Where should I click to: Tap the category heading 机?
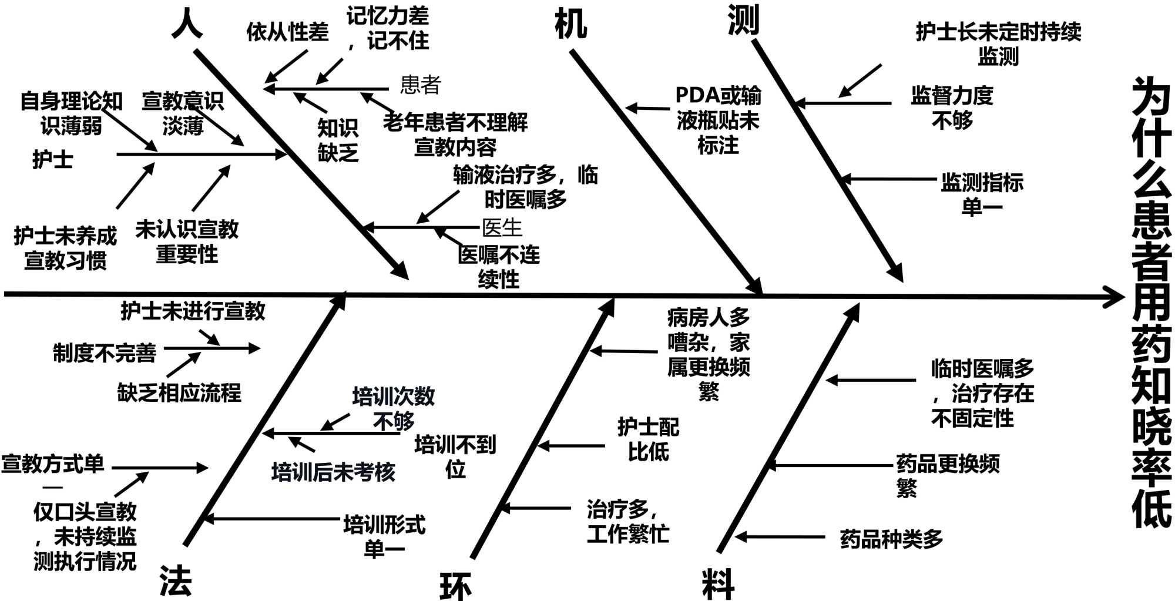[570, 25]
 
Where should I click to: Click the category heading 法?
[176, 581]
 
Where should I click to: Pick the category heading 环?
[455, 586]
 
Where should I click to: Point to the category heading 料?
[718, 584]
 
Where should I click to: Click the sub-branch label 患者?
[420, 85]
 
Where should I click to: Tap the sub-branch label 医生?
[502, 227]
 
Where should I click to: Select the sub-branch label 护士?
[53, 159]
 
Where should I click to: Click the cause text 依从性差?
[287, 32]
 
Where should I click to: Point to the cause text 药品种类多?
[891, 538]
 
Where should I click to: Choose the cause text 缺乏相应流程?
[179, 392]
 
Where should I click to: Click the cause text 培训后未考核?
[333, 472]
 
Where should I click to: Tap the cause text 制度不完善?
[105, 353]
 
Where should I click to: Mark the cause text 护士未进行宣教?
[193, 311]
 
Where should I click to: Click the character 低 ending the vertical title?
[1151, 505]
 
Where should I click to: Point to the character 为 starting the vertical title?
[1151, 97]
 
